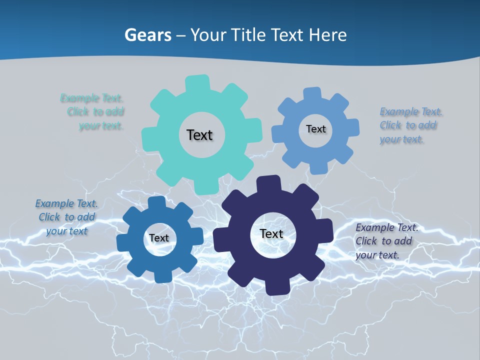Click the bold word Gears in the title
click(x=148, y=35)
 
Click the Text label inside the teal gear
click(x=199, y=135)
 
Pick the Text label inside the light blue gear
click(x=315, y=129)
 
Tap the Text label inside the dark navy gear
click(x=271, y=233)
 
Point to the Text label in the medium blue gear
click(x=159, y=238)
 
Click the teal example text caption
click(x=95, y=111)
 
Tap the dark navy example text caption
click(x=385, y=241)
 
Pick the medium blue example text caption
click(x=66, y=217)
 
